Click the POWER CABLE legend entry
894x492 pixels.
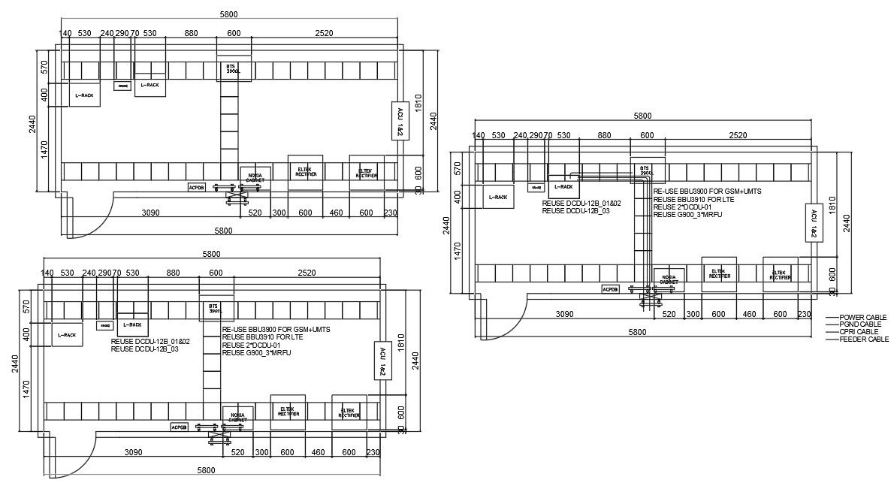click(862, 318)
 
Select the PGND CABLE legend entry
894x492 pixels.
click(861, 324)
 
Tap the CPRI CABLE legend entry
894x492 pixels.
click(859, 332)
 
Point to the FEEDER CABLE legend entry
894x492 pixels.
click(864, 340)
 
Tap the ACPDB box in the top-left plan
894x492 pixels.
click(196, 186)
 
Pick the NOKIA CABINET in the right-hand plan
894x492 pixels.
click(669, 279)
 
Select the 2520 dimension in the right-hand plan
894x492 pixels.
click(738, 135)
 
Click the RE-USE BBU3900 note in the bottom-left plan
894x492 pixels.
click(276, 330)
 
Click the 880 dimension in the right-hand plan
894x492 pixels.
click(604, 135)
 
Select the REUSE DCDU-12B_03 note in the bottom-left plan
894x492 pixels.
click(144, 349)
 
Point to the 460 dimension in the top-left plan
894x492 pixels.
click(336, 213)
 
